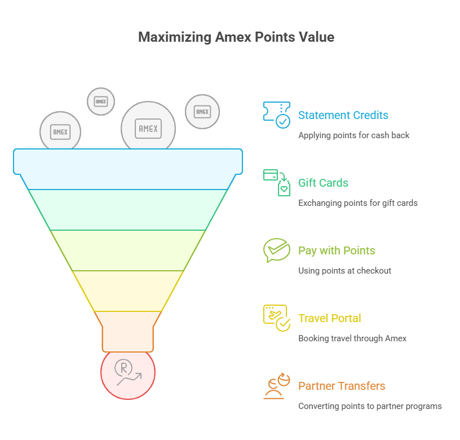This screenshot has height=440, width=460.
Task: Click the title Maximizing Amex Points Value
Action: (236, 37)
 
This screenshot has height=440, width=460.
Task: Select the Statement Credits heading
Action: (343, 115)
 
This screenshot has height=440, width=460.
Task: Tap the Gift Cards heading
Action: (323, 183)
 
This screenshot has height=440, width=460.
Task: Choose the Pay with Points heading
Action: (337, 250)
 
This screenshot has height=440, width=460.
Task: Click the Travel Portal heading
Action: (329, 318)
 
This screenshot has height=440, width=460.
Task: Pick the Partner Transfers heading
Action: (342, 386)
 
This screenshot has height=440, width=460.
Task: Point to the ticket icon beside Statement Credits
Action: (277, 115)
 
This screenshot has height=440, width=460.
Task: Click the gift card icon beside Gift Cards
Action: (277, 183)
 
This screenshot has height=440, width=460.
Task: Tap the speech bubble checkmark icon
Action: (277, 250)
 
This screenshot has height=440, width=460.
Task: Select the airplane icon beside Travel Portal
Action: (277, 318)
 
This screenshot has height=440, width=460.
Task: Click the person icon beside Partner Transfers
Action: (277, 386)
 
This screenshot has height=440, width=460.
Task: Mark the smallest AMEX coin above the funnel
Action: (101, 102)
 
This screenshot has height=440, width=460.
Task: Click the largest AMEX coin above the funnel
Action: (148, 126)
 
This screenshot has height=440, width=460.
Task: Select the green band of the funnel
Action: (128, 210)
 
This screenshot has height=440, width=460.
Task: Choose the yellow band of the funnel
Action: (128, 291)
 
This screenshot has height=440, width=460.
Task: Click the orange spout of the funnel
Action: (128, 331)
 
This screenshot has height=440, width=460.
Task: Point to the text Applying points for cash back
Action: (353, 135)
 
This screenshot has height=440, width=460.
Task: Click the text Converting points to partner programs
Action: (370, 406)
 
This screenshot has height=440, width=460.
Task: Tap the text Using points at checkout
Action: (344, 271)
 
